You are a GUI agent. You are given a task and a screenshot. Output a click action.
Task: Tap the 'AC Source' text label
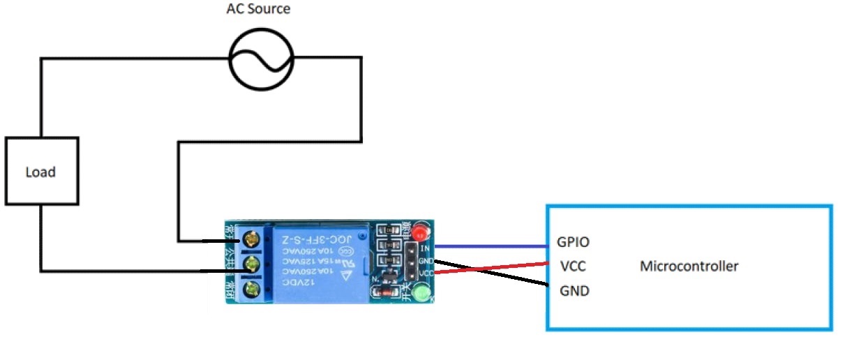tap(258, 10)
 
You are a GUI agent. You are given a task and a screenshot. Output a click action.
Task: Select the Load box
tap(41, 172)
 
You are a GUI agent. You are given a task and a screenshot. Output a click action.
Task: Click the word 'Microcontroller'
tap(689, 266)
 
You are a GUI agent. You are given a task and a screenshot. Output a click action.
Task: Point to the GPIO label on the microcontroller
tap(573, 242)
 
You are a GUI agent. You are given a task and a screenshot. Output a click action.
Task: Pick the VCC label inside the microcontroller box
tap(573, 267)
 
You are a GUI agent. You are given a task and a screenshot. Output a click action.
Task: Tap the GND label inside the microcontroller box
tap(574, 291)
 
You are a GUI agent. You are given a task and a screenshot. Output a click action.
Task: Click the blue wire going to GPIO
tap(488, 246)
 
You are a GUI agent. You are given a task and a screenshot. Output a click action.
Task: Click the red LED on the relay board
tap(419, 232)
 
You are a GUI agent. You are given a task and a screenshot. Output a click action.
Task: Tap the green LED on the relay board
tap(421, 293)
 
